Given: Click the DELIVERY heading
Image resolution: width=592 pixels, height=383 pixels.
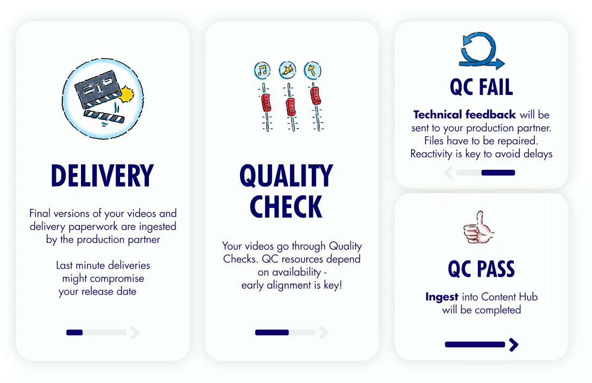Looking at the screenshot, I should (x=102, y=176).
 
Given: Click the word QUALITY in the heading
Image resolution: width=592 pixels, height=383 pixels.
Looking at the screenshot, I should (x=286, y=176).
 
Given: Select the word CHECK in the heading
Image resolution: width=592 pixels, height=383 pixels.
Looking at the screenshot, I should (x=286, y=207).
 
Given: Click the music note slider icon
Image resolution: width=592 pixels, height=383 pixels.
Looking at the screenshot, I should (x=262, y=70).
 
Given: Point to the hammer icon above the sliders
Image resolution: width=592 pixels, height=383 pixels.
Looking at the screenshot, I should (x=312, y=69).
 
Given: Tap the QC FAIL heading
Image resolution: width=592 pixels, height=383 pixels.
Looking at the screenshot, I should (x=481, y=87).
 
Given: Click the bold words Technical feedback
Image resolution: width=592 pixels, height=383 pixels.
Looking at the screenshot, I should (x=464, y=114).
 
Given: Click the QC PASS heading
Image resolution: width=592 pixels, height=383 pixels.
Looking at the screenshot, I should (x=481, y=269).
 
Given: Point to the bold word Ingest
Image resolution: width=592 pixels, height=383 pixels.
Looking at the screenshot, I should (x=442, y=297).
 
